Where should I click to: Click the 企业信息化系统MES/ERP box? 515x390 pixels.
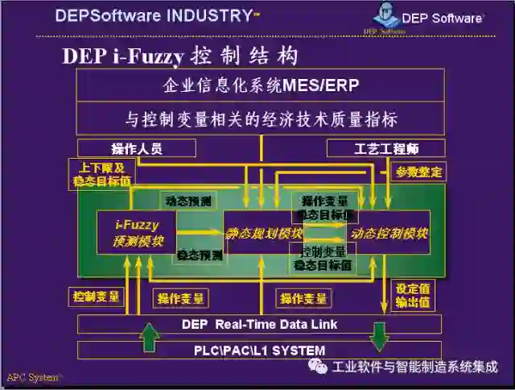[x=260, y=85]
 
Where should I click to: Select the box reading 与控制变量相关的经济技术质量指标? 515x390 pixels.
[x=260, y=119]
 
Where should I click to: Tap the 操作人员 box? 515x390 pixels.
[x=136, y=148]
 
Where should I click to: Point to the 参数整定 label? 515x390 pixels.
[x=418, y=172]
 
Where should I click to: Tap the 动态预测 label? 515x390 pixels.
[x=188, y=201]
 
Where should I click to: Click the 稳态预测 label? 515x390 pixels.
[x=200, y=255]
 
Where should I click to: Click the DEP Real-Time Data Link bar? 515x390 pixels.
[x=259, y=324]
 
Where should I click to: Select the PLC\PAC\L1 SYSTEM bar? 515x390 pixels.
[x=259, y=351]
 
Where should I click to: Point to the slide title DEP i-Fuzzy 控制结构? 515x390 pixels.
[x=180, y=56]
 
